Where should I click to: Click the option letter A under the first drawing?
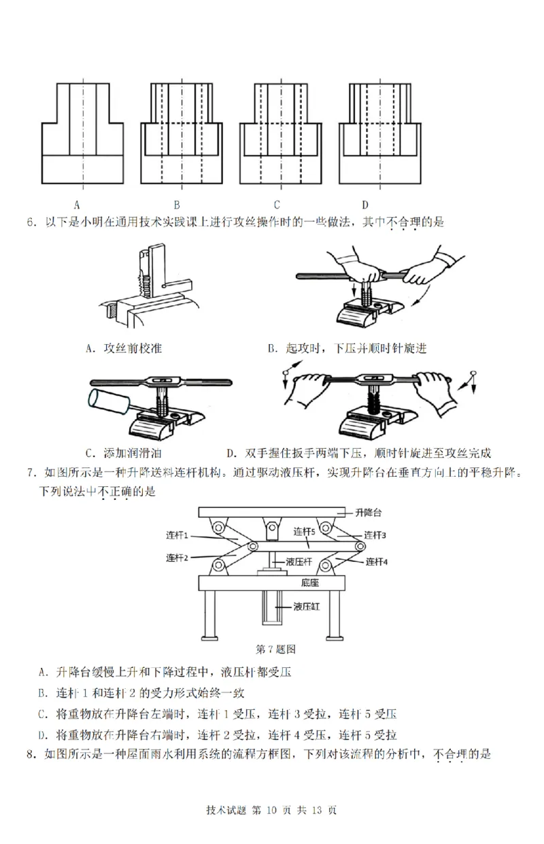point(77,204)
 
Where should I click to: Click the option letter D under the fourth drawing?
point(364,204)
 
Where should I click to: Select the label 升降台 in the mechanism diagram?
point(370,512)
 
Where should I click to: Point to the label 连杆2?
point(177,558)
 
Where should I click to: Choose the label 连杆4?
point(376,562)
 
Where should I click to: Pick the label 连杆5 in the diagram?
point(305,530)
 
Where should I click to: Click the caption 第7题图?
point(274,648)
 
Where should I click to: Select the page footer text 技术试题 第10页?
point(271,809)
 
